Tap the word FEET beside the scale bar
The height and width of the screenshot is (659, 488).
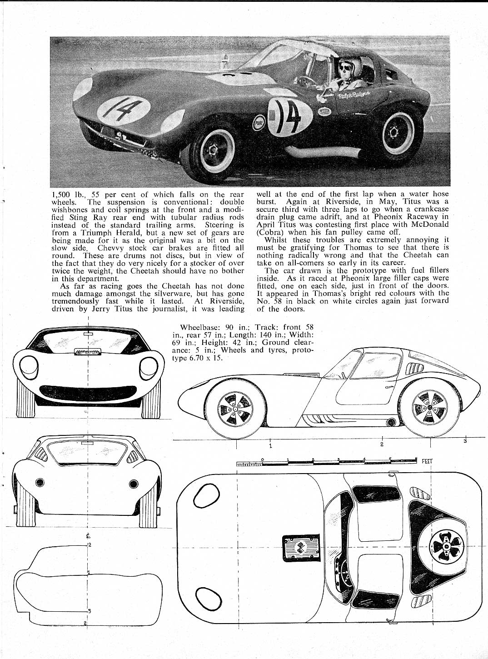427,461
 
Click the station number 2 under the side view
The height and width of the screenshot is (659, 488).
382,444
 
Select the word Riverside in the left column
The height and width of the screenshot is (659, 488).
224,301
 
